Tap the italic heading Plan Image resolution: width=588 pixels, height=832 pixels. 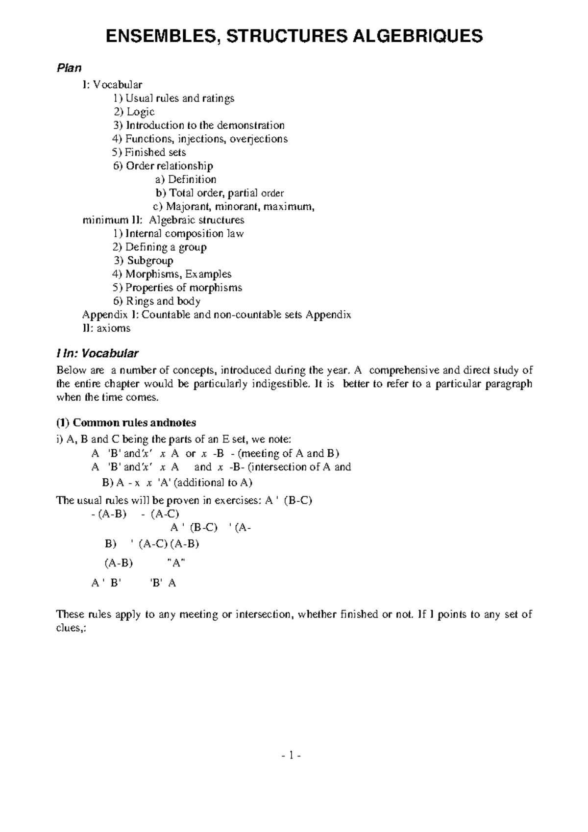point(68,68)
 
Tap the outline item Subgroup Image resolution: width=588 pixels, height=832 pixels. point(150,261)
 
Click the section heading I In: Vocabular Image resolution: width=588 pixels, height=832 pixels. point(98,353)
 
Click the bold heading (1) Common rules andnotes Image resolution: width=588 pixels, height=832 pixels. point(126,422)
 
